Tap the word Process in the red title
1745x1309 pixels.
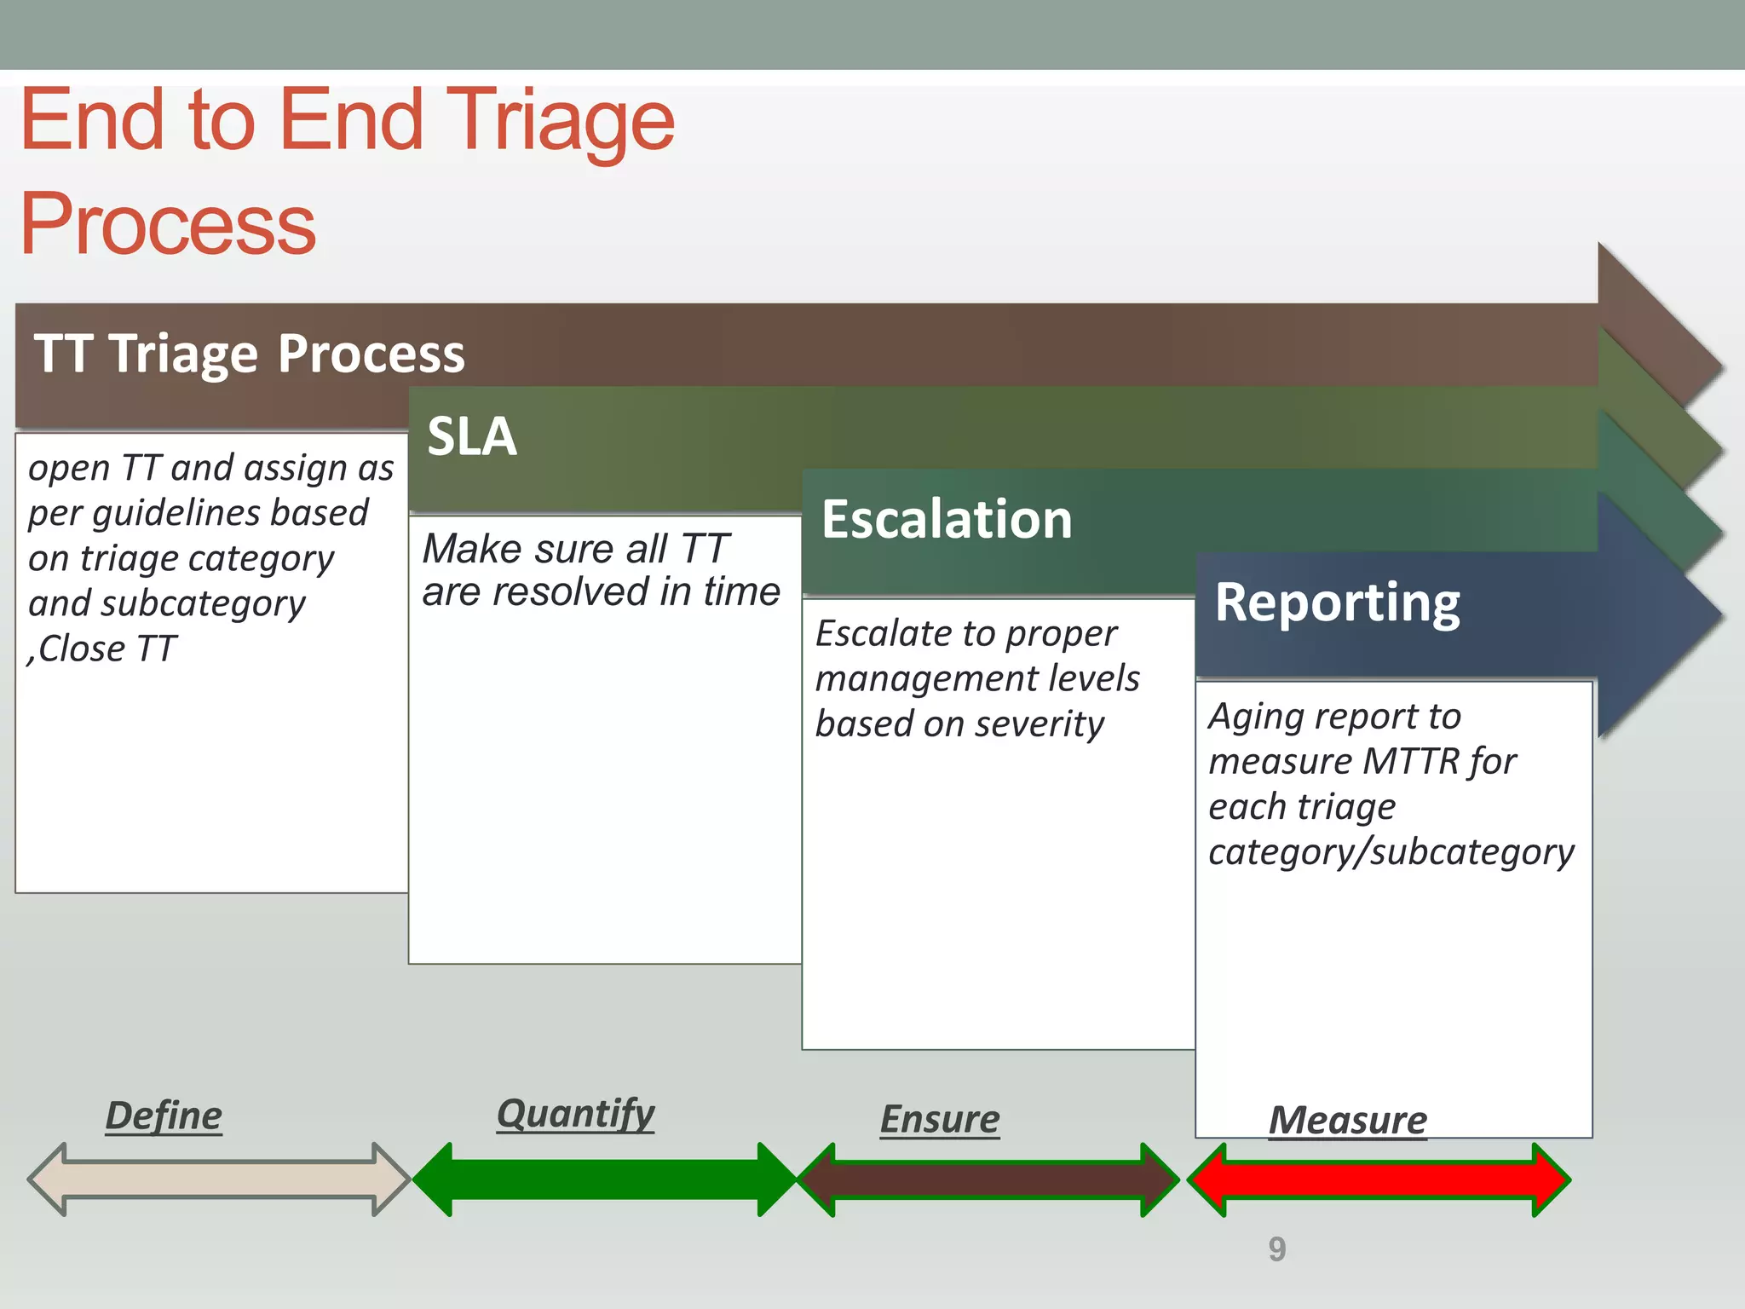click(x=168, y=223)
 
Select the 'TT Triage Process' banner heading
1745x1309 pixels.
click(x=250, y=354)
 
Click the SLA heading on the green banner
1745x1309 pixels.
click(x=471, y=436)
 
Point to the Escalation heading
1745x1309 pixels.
click(x=946, y=519)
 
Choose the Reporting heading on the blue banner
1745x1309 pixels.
click(x=1337, y=603)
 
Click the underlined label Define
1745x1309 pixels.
click(x=164, y=1116)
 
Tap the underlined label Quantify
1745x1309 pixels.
click(x=575, y=1113)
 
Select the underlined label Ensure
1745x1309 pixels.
click(x=940, y=1119)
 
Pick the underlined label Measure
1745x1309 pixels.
click(x=1347, y=1120)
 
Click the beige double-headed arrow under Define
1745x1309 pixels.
click(x=218, y=1179)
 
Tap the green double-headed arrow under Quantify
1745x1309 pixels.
click(x=604, y=1179)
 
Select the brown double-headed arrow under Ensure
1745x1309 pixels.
click(x=988, y=1179)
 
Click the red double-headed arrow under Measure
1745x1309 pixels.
click(x=1378, y=1179)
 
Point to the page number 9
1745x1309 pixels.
click(x=1276, y=1249)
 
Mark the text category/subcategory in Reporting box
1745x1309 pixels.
click(x=1391, y=851)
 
